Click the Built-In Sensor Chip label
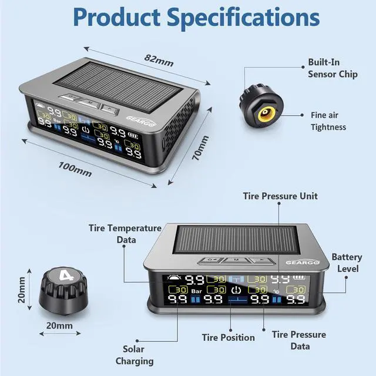(x=333, y=68)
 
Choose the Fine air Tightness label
(x=328, y=121)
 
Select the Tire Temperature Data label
(x=125, y=233)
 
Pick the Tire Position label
(x=229, y=337)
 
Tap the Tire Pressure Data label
(x=298, y=340)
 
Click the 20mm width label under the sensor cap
(x=60, y=325)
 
